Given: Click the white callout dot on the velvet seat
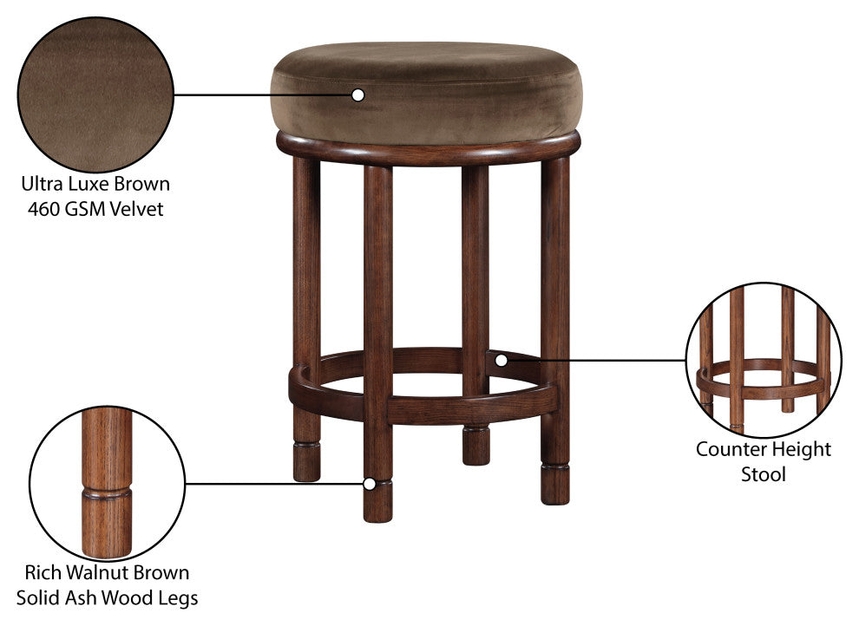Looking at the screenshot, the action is (x=357, y=95).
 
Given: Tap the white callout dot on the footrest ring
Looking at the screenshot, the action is (x=501, y=361).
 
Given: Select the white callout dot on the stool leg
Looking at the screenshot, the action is (x=370, y=484).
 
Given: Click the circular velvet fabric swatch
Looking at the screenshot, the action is (x=95, y=95).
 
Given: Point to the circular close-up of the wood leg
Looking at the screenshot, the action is (x=108, y=484).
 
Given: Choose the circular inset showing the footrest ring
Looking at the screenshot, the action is (x=764, y=360).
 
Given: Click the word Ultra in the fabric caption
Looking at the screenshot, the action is (x=43, y=183).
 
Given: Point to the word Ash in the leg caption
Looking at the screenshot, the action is (x=81, y=597).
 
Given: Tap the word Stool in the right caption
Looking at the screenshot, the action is (x=764, y=474).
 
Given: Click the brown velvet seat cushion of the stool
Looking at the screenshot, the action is (x=426, y=93).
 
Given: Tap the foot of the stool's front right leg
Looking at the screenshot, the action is (x=555, y=484).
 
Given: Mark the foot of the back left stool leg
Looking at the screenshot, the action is (x=307, y=462).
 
